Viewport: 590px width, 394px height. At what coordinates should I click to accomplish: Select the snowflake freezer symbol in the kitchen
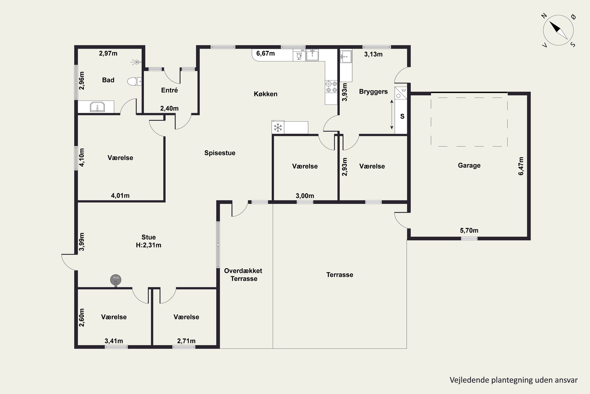(x=278, y=128)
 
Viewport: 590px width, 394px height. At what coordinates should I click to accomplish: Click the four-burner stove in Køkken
(x=331, y=87)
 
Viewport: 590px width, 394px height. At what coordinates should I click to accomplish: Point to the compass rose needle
(x=558, y=30)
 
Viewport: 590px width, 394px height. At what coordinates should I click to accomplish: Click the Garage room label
(x=469, y=165)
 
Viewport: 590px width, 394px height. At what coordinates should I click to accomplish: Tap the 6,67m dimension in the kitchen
(x=265, y=53)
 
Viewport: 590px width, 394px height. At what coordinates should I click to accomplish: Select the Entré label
(x=169, y=90)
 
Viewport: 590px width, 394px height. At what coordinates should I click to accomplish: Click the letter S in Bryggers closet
(x=402, y=116)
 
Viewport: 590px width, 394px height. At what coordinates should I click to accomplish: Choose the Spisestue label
(x=220, y=153)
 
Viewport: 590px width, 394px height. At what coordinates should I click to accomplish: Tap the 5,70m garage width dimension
(x=469, y=230)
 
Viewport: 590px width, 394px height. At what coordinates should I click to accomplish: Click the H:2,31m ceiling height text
(x=148, y=245)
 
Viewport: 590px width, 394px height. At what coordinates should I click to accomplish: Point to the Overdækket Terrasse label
(x=243, y=275)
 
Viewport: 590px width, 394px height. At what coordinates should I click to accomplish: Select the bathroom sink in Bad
(x=97, y=107)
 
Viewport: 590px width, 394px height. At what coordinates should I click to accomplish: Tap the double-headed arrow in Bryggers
(x=392, y=115)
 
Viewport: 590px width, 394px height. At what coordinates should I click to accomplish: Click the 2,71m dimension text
(x=186, y=341)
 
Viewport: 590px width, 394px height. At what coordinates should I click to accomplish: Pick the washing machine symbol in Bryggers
(x=401, y=93)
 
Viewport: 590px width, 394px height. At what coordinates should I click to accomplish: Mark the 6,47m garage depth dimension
(x=521, y=166)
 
